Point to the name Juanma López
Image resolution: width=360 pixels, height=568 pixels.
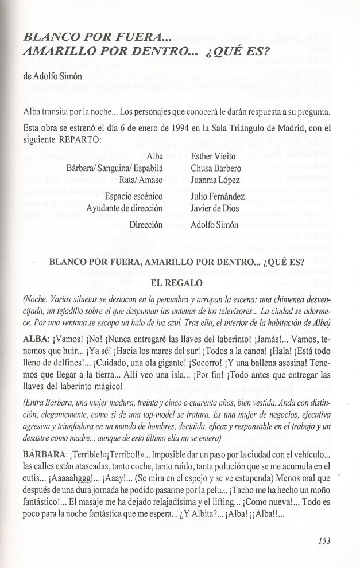214,181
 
